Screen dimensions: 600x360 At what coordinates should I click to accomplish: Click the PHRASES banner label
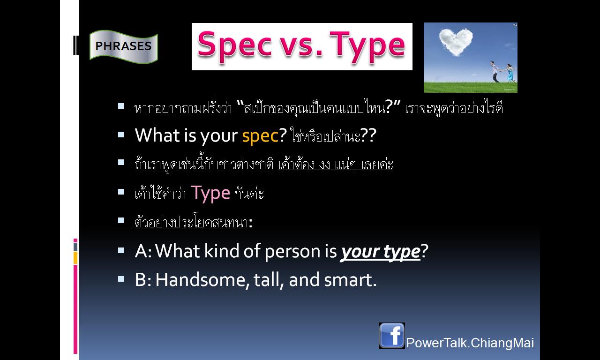coord(123,46)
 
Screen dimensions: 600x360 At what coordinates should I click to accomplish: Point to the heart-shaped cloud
coord(456,42)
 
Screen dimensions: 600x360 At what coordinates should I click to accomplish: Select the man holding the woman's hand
coord(495,72)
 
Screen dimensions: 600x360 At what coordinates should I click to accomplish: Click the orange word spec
coord(260,136)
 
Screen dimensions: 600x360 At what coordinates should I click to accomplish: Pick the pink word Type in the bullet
coord(210,194)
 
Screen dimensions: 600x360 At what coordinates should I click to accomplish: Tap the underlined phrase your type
coord(380,252)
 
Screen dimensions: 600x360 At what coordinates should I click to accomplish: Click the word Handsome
coord(201,280)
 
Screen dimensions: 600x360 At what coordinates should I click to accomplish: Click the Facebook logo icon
coord(391,335)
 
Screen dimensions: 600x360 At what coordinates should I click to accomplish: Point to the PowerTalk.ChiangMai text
coord(470,343)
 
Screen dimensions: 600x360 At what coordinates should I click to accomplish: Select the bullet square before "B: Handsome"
coord(121,279)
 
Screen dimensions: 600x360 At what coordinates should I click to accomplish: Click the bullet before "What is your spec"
coord(121,135)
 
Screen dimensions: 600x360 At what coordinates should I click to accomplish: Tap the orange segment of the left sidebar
coord(75,258)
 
